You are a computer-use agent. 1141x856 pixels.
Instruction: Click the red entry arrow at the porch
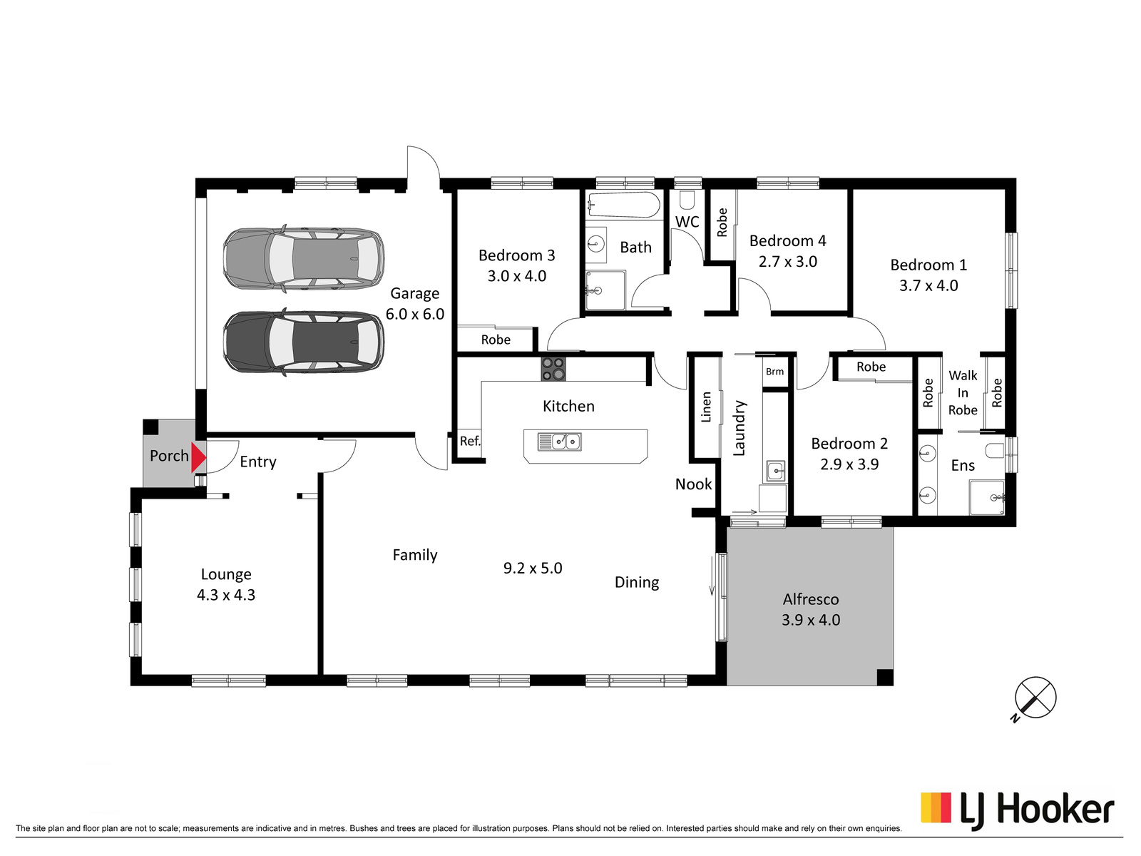pyautogui.click(x=198, y=457)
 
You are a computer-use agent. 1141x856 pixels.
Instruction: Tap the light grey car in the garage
pyautogui.click(x=304, y=259)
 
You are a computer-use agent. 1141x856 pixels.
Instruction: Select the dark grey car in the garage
pyautogui.click(x=304, y=342)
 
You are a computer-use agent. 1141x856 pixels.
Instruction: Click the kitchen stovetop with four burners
pyautogui.click(x=553, y=369)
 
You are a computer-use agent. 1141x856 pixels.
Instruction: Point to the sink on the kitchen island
pyautogui.click(x=559, y=442)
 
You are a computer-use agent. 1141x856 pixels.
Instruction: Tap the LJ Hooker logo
pyautogui.click(x=1017, y=811)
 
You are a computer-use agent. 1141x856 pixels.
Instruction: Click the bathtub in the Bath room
pyautogui.click(x=624, y=205)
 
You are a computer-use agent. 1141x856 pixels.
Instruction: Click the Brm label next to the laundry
pyautogui.click(x=774, y=372)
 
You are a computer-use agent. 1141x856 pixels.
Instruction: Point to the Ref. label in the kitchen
pyautogui.click(x=470, y=442)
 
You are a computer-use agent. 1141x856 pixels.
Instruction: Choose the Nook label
pyautogui.click(x=693, y=484)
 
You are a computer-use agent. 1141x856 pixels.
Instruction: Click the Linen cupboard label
pyautogui.click(x=706, y=407)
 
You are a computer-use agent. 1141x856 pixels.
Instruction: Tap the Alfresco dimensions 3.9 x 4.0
pyautogui.click(x=811, y=620)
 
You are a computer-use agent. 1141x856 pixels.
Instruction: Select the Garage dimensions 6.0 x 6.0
pyautogui.click(x=415, y=315)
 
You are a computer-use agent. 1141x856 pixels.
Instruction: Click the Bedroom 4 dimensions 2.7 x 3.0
pyautogui.click(x=788, y=261)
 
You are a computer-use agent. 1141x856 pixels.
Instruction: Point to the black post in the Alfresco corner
pyautogui.click(x=885, y=677)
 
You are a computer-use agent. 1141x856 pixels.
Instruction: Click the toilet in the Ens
pyautogui.click(x=996, y=451)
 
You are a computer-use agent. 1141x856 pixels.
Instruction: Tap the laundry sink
pyautogui.click(x=775, y=471)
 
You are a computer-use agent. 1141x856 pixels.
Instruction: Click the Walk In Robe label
pyautogui.click(x=963, y=393)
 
